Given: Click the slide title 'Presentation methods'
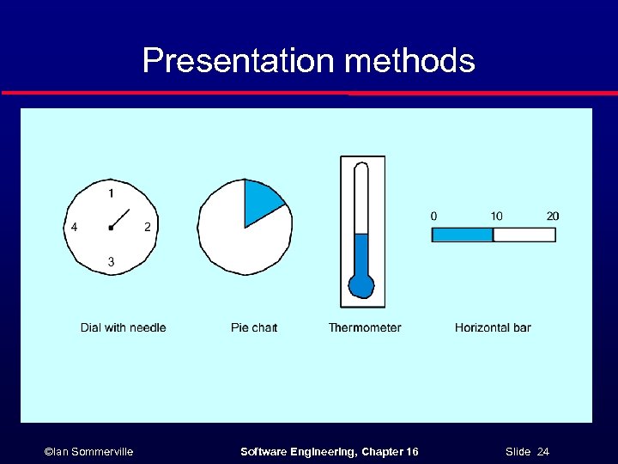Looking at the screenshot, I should point(308,61).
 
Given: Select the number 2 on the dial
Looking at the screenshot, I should point(148,227).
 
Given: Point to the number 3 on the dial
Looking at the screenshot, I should point(111,261).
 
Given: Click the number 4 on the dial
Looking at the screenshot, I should point(75,227).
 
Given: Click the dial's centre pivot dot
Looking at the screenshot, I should point(111,228).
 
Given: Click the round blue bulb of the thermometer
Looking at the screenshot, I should point(361,285).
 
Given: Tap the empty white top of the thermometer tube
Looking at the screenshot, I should point(361,198).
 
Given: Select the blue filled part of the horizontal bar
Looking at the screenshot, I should point(462,235).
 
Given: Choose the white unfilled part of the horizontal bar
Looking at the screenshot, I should point(524,235).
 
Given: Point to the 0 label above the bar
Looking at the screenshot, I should point(433,216).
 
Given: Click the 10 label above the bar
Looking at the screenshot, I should point(496,216).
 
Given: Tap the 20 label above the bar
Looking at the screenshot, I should point(552,216).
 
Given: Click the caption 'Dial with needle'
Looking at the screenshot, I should point(123,327).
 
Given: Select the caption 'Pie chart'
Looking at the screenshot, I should point(254,327).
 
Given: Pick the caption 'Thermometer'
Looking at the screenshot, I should point(365,327).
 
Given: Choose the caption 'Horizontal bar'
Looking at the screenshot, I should point(493,327).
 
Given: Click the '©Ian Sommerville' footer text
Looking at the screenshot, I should point(88,452).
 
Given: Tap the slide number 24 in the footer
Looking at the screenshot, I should point(542,452).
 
